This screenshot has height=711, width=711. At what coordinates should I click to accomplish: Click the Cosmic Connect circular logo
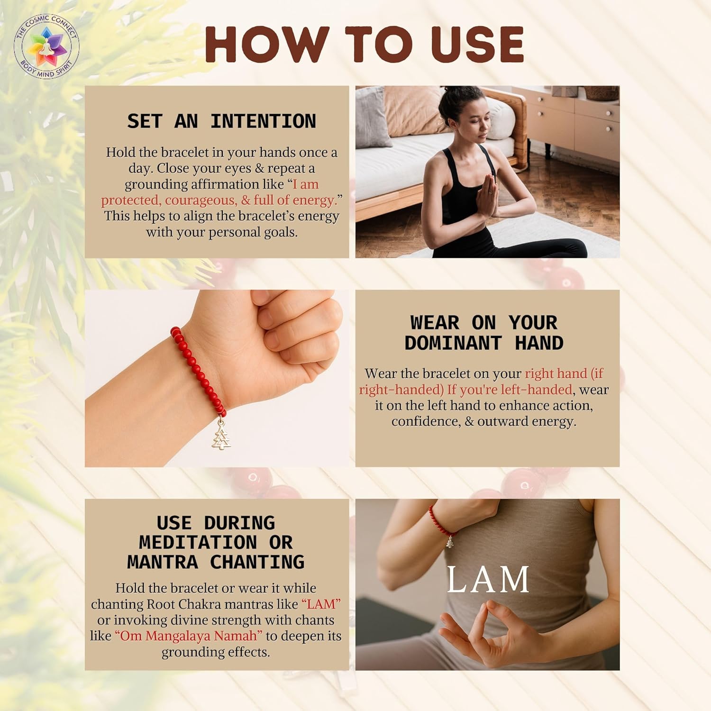point(46,46)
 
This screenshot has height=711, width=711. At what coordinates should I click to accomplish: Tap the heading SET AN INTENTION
point(221,121)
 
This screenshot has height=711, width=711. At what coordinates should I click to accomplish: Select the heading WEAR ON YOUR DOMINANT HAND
point(484,333)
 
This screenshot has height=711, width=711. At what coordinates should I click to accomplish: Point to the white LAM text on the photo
point(488,579)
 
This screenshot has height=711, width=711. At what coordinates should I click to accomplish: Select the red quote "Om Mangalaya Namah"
point(189,636)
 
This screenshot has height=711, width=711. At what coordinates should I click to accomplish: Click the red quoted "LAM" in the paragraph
point(321,604)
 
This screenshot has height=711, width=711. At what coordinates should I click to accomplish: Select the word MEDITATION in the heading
point(198,542)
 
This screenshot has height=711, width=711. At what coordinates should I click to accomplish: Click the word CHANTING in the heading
point(257,562)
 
